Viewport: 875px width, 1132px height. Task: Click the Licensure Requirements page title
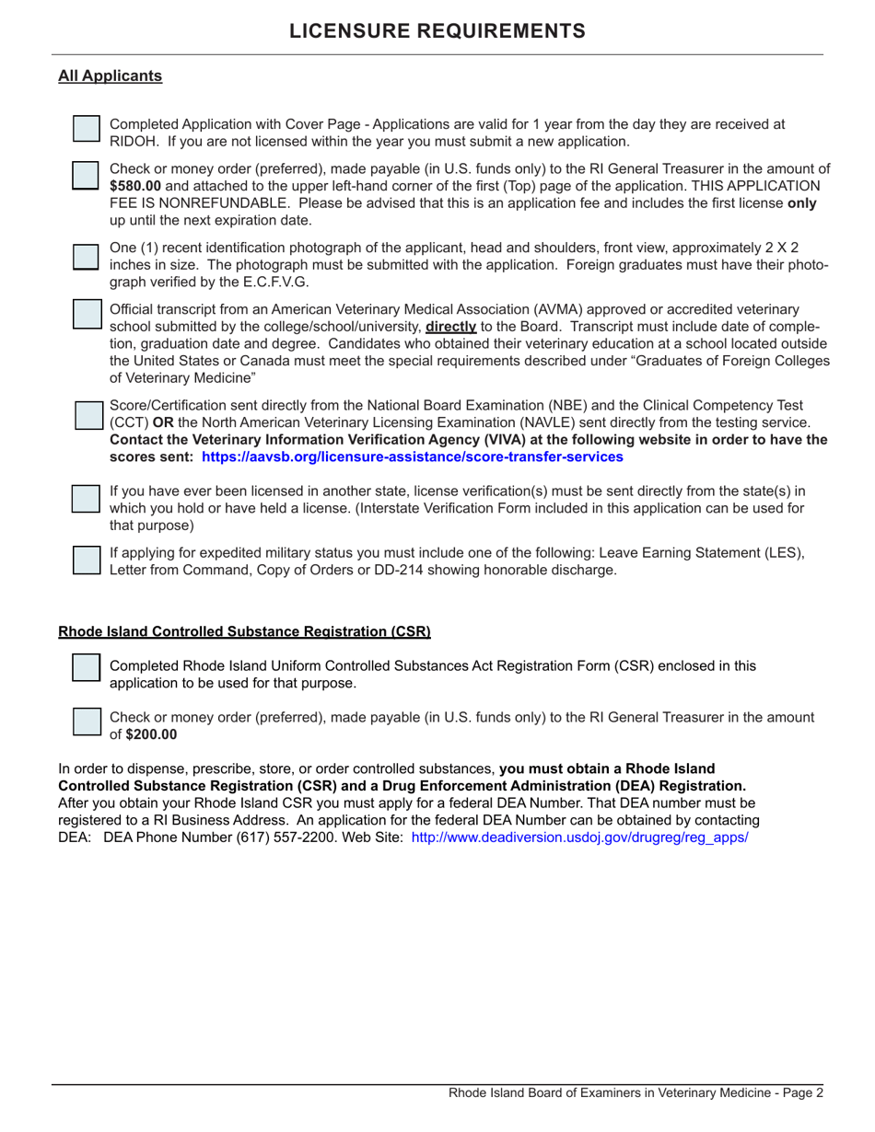click(x=437, y=31)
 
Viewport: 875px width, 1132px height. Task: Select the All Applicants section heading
click(x=110, y=76)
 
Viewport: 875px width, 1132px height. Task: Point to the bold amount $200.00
click(x=152, y=734)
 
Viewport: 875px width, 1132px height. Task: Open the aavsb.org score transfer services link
click(x=412, y=456)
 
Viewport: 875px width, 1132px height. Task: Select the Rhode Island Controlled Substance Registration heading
click(x=244, y=632)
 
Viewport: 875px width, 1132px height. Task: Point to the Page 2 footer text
click(x=636, y=1093)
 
